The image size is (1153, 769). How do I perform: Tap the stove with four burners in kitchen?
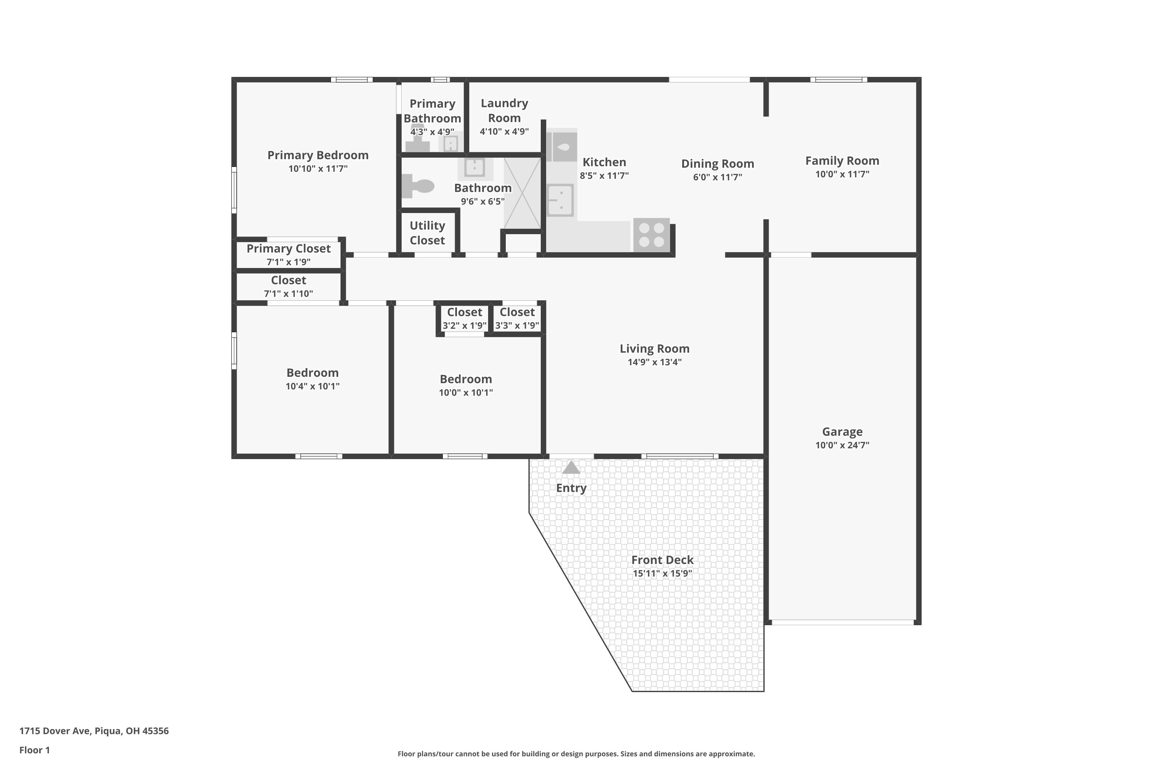[651, 235]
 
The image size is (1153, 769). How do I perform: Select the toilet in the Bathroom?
[418, 186]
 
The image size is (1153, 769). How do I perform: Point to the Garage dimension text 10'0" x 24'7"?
[842, 445]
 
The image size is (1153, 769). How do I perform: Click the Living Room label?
[654, 349]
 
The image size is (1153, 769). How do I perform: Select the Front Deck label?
[662, 560]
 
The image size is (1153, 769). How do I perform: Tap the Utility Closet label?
[427, 233]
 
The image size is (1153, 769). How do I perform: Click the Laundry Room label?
[504, 110]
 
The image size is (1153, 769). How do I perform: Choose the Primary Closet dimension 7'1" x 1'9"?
[288, 262]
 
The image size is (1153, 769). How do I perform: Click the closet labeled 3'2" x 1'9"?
[464, 318]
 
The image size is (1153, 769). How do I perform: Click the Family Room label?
[842, 161]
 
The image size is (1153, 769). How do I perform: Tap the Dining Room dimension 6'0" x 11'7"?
[717, 177]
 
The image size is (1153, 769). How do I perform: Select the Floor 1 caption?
[34, 750]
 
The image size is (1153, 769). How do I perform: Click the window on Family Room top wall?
[838, 80]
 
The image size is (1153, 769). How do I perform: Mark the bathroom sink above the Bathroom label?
[475, 167]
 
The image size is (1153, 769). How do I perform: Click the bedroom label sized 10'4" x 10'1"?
[312, 373]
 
